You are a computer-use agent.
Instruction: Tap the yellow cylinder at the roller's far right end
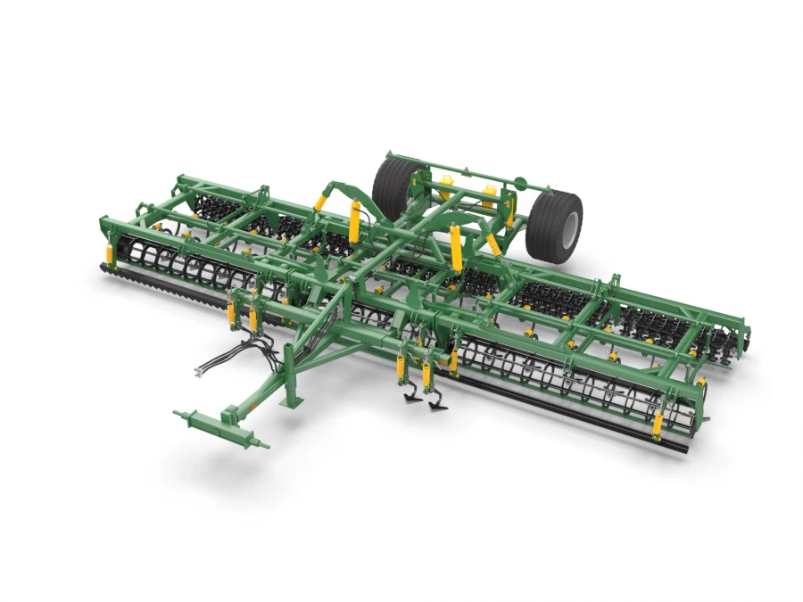point(658,425)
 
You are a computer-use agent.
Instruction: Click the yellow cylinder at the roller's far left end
point(110,254)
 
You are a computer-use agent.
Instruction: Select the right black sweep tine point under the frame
point(436,406)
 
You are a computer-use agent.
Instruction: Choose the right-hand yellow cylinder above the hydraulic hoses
point(252,317)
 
